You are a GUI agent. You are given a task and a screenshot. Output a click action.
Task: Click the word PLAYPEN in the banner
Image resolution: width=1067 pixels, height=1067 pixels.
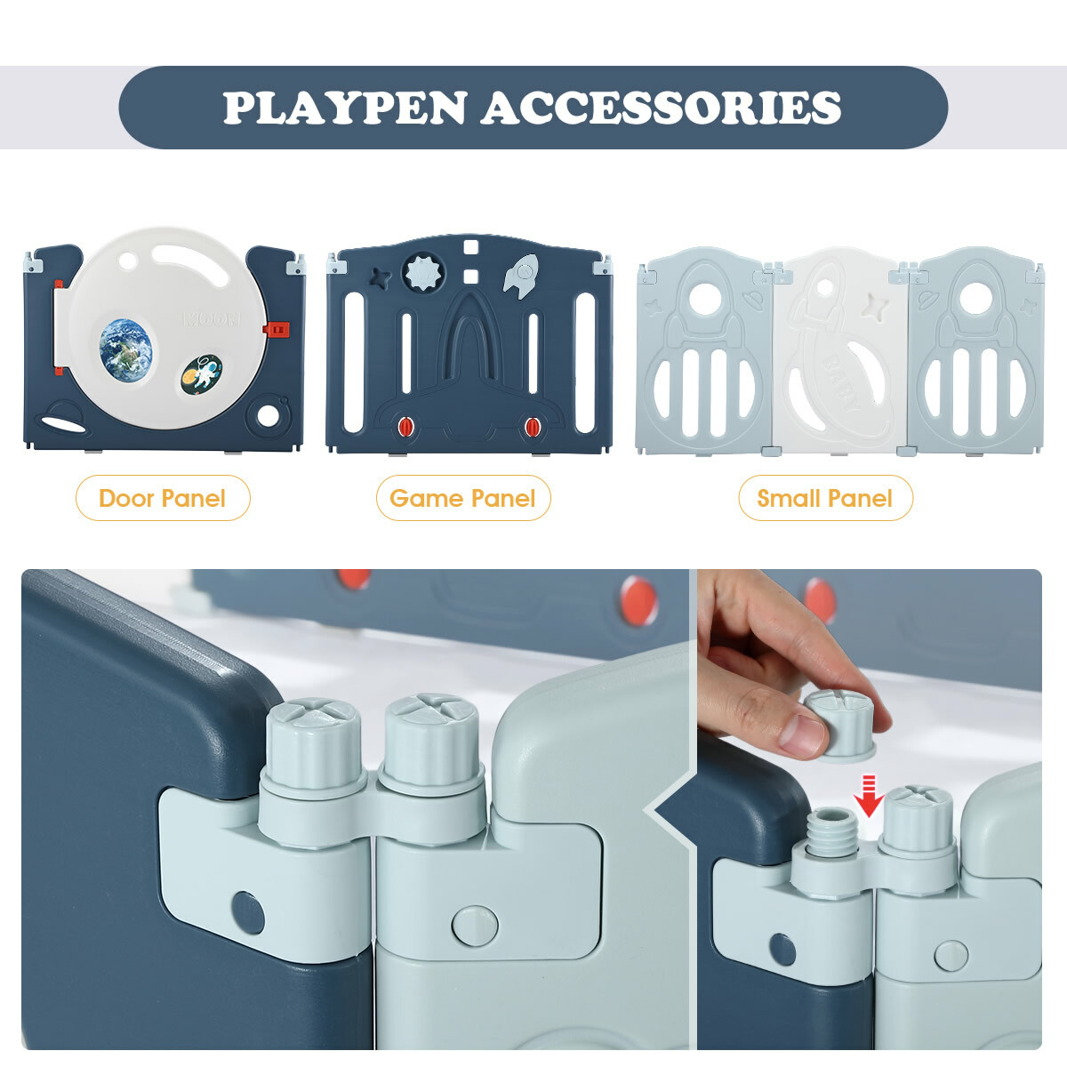pyautogui.click(x=345, y=108)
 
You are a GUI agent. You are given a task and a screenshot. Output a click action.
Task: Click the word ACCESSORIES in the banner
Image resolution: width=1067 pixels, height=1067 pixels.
pyautogui.click(x=662, y=108)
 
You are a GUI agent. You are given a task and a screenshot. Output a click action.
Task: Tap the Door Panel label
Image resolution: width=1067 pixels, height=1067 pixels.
pyautogui.click(x=162, y=498)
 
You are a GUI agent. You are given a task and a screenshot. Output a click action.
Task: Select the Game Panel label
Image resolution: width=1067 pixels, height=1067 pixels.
pyautogui.click(x=463, y=498)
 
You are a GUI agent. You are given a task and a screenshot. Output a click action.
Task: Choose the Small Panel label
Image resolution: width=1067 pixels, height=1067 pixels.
pyautogui.click(x=825, y=498)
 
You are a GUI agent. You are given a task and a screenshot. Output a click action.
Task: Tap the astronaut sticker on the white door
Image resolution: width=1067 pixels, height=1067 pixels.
pyautogui.click(x=202, y=374)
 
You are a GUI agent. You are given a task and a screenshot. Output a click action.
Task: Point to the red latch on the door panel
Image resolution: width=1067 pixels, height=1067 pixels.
pyautogui.click(x=277, y=330)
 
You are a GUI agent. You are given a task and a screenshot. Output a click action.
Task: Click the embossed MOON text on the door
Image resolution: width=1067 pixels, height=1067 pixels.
pyautogui.click(x=213, y=319)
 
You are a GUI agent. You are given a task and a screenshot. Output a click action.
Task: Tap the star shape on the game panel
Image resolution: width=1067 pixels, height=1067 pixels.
pyautogui.click(x=380, y=278)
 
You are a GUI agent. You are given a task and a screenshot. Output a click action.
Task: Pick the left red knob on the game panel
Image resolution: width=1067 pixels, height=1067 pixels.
pyautogui.click(x=405, y=427)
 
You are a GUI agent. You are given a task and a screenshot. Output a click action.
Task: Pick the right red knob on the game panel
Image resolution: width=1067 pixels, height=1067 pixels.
pyautogui.click(x=533, y=427)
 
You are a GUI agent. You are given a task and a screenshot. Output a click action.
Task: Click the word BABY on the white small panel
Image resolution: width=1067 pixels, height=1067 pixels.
pyautogui.click(x=842, y=382)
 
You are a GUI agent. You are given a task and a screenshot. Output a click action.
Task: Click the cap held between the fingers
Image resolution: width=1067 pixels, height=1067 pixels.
pyautogui.click(x=841, y=726)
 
